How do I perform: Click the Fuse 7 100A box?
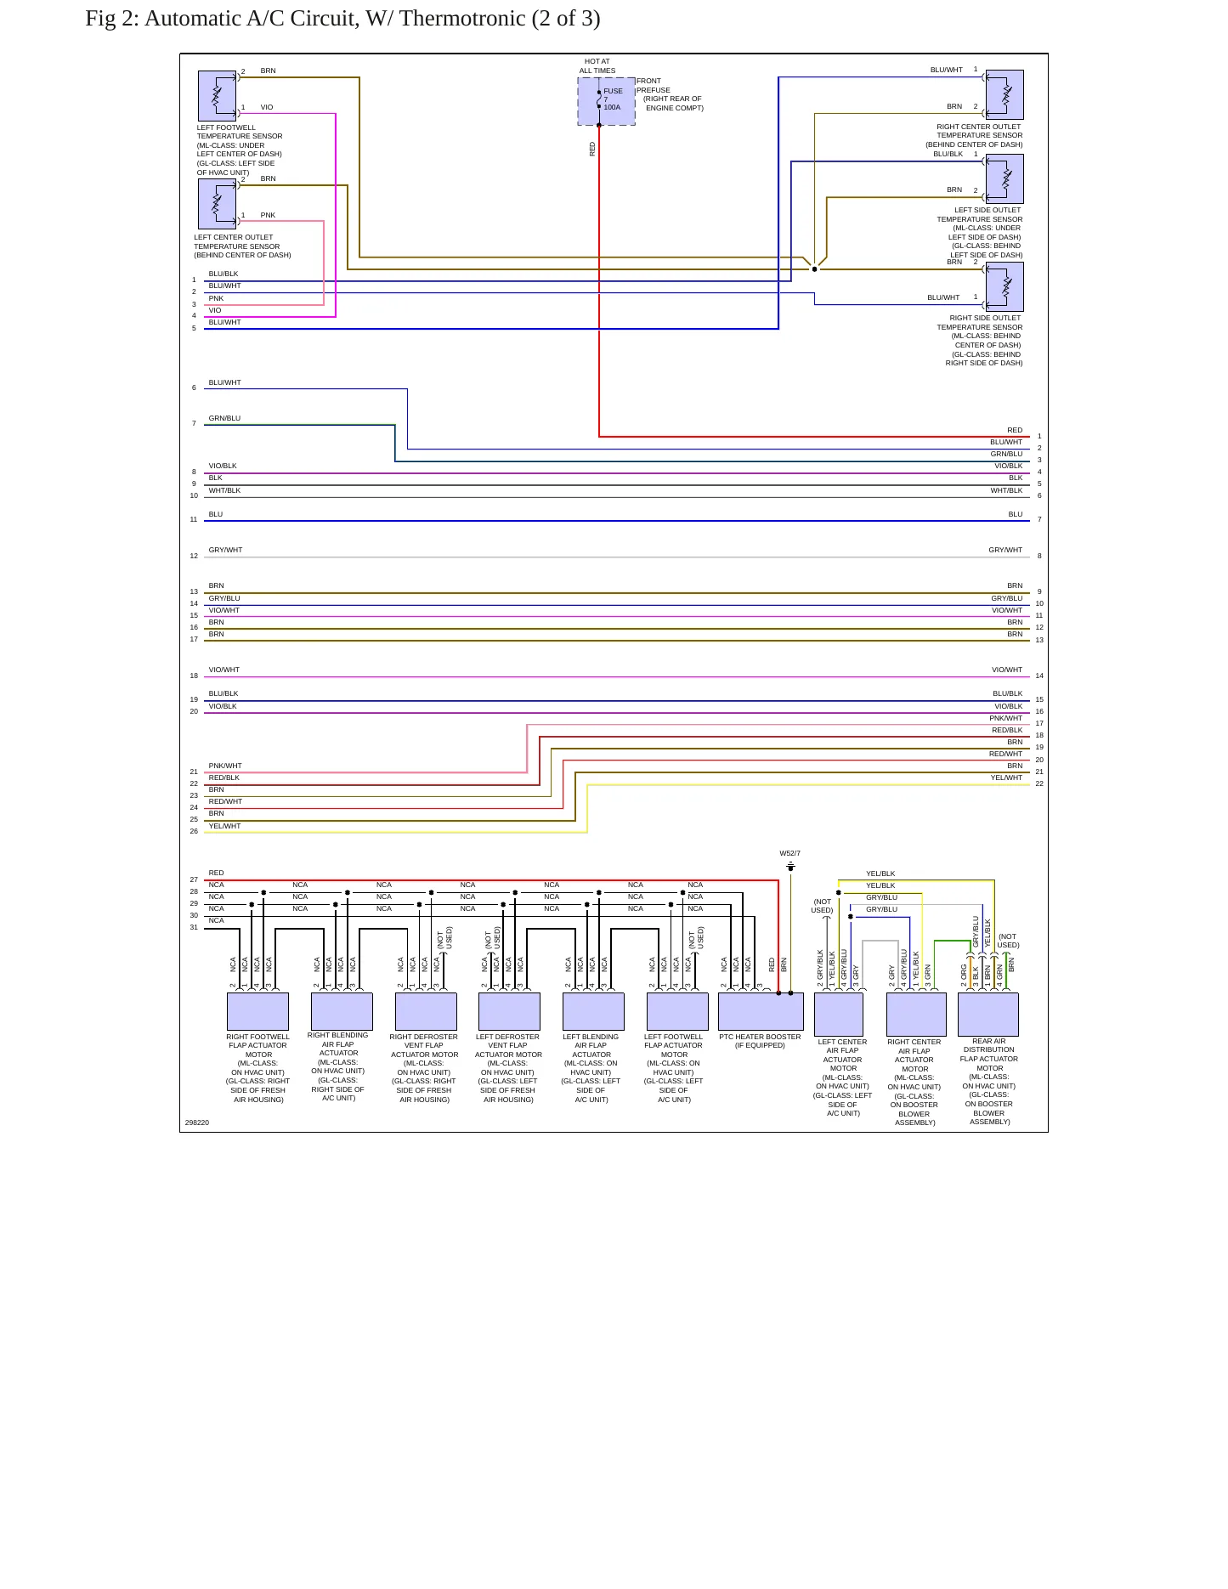[606, 101]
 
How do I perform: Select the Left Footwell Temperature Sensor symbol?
[217, 95]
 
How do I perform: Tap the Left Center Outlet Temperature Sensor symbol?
[217, 204]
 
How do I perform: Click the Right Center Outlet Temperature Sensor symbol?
[1004, 94]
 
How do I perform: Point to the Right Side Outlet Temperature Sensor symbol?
[1004, 287]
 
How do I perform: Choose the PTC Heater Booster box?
[761, 1011]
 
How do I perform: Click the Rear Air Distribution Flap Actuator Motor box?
[988, 1014]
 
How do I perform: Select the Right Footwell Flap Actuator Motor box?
[257, 1011]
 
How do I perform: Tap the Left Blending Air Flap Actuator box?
[593, 1011]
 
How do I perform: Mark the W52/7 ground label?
[790, 853]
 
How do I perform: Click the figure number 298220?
[197, 1122]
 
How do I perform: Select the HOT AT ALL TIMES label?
[597, 65]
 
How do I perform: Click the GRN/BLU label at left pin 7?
[224, 418]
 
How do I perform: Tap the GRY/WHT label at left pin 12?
[225, 550]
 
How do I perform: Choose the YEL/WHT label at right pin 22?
[1006, 778]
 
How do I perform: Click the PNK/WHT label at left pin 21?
[225, 766]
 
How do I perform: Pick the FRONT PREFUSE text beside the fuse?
[654, 86]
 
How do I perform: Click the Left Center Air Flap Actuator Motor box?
[839, 1014]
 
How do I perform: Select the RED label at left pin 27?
[217, 873]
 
